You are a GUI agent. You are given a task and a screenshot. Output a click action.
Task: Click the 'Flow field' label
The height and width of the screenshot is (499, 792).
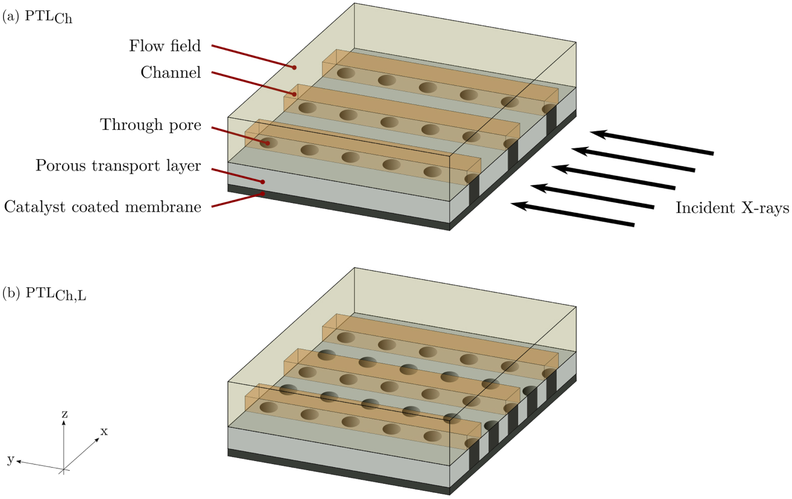[164, 46]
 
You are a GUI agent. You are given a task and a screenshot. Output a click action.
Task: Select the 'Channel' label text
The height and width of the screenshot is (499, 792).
[171, 73]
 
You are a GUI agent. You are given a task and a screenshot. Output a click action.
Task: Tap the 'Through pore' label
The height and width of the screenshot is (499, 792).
[150, 125]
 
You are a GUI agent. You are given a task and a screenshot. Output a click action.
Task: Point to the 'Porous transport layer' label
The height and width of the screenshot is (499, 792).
[118, 166]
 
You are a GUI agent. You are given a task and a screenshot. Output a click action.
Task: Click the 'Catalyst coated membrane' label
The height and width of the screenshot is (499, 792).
[102, 207]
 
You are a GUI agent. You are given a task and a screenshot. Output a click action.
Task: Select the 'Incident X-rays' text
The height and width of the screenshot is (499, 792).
[732, 208]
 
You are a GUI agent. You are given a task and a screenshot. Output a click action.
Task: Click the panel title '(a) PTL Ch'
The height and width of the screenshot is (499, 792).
[37, 17]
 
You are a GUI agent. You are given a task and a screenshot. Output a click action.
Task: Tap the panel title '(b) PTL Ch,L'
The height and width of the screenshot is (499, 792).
[44, 293]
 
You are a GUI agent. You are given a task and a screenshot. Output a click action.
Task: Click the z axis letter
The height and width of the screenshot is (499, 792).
[65, 414]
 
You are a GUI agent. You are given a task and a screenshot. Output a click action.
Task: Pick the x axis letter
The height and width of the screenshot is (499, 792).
[104, 432]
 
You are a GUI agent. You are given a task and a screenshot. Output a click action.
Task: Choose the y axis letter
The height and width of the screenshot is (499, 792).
[10, 459]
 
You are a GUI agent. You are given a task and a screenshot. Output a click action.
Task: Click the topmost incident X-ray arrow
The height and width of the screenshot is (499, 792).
[652, 142]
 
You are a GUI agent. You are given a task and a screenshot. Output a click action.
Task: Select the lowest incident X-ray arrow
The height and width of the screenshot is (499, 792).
[573, 215]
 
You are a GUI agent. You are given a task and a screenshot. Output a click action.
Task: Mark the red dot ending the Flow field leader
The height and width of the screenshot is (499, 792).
[294, 67]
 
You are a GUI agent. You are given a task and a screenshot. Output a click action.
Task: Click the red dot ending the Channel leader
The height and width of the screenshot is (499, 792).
[294, 94]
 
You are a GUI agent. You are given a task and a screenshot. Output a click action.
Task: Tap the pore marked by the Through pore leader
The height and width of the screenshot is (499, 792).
[268, 143]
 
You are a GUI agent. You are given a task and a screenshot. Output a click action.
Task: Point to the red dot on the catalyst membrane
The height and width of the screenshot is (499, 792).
[263, 193]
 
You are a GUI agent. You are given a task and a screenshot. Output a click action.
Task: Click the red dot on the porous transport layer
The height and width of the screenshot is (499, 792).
[263, 182]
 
